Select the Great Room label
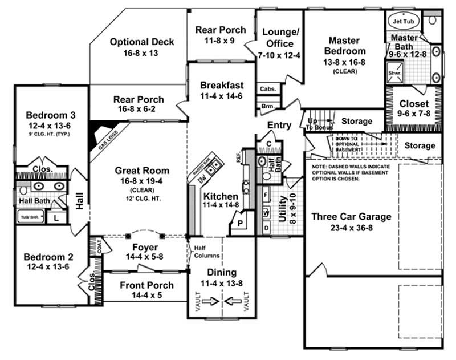[142, 170]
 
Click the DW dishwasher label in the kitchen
[201, 180]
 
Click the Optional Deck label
[142, 42]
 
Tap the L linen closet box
[56, 217]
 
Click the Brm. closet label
[267, 107]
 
